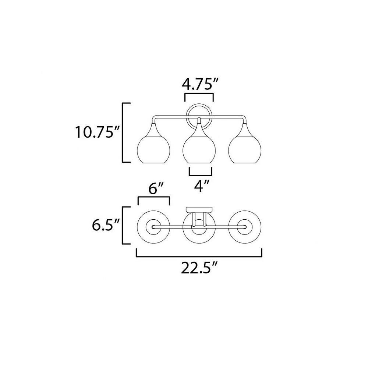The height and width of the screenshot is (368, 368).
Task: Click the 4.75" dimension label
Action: [x=201, y=84]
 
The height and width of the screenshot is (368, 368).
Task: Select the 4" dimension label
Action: [x=200, y=185]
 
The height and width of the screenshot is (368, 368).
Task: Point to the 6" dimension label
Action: [x=156, y=188]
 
